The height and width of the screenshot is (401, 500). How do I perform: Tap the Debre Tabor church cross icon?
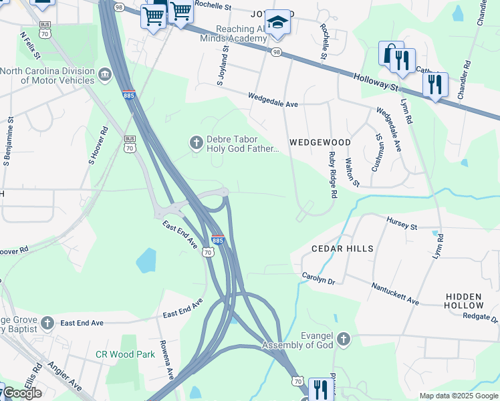point(197,141)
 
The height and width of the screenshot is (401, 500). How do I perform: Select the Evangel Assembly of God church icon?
point(344,339)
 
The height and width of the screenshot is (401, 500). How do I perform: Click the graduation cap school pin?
point(277,23)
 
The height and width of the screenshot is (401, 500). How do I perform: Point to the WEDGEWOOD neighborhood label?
point(320,143)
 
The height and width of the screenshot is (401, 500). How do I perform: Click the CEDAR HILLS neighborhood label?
point(340,249)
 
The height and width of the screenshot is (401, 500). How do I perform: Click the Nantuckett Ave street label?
point(395,293)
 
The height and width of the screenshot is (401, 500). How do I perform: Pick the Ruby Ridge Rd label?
point(332,174)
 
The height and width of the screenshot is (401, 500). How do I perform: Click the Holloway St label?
point(376,82)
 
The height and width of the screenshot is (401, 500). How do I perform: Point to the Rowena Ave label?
point(164,364)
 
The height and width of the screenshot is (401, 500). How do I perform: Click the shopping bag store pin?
point(390,53)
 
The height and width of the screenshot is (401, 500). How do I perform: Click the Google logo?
point(22,393)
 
